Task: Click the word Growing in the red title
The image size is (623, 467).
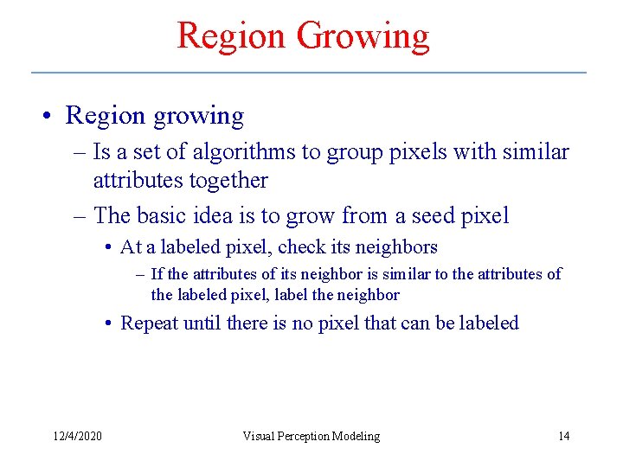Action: [363, 36]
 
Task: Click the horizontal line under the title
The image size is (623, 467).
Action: [309, 72]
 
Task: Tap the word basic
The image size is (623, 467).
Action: [163, 214]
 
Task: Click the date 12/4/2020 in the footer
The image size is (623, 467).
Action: [76, 436]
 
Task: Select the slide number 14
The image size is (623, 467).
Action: [563, 436]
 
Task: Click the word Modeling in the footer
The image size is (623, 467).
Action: [358, 436]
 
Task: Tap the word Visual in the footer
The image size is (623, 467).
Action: [259, 436]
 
